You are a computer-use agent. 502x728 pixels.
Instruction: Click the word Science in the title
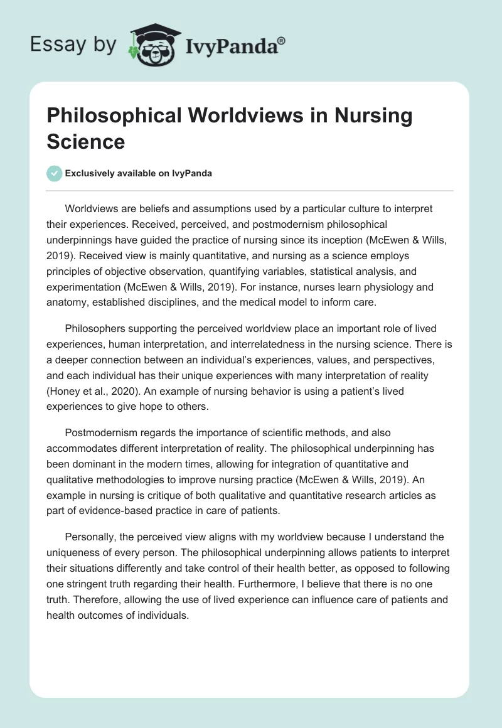coord(85,141)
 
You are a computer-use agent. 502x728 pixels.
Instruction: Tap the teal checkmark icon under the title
coord(55,173)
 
